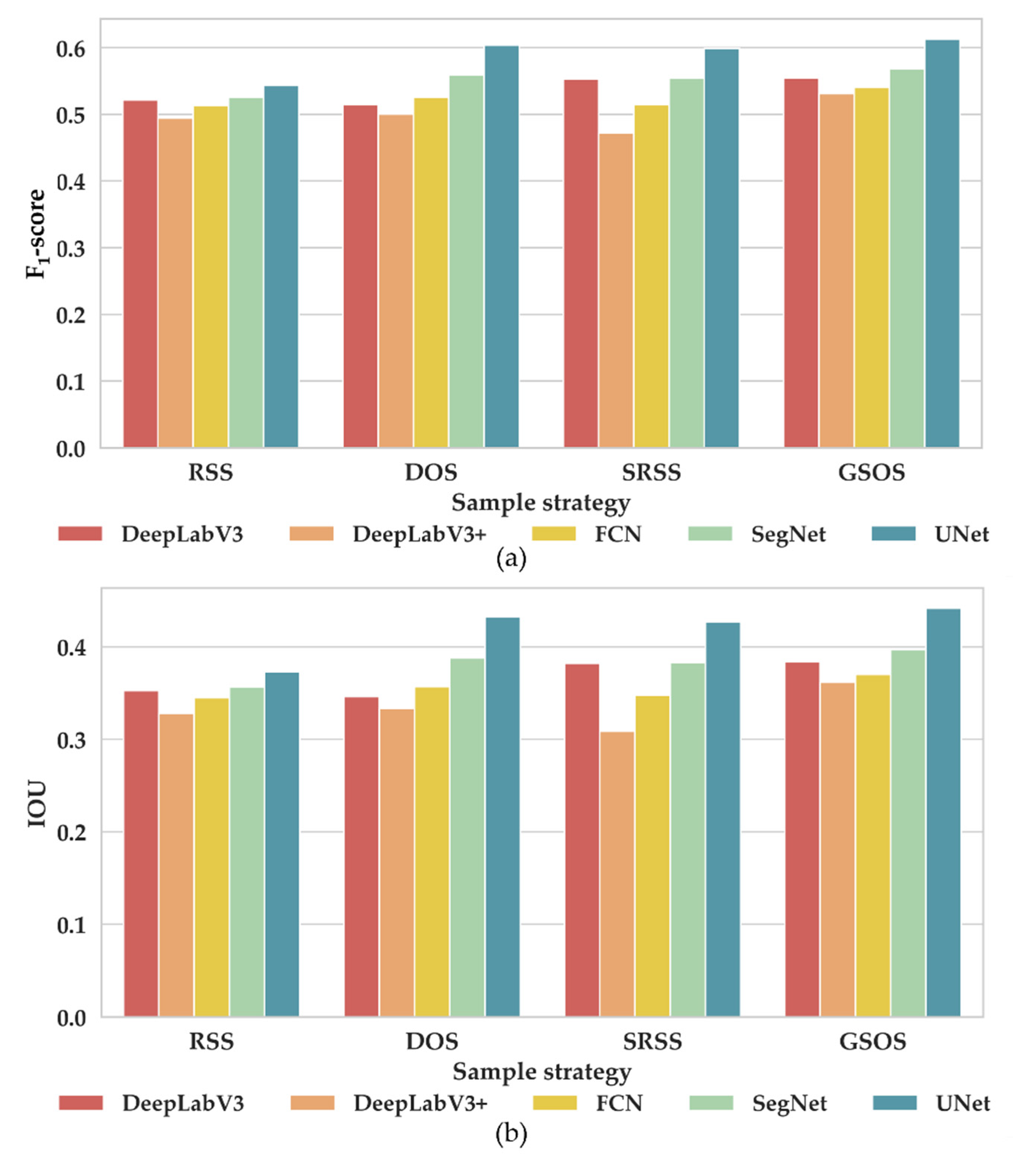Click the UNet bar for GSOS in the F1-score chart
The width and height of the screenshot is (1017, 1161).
[x=942, y=244]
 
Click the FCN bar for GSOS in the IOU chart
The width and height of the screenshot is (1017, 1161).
[x=872, y=846]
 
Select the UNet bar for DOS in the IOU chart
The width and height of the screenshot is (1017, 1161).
[x=502, y=817]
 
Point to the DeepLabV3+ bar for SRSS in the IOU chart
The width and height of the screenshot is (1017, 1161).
[x=617, y=874]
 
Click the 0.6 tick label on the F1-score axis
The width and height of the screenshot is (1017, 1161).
[x=71, y=49]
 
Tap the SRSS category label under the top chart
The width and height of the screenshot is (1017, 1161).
[x=651, y=472]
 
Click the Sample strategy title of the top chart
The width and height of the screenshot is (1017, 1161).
[x=540, y=503]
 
